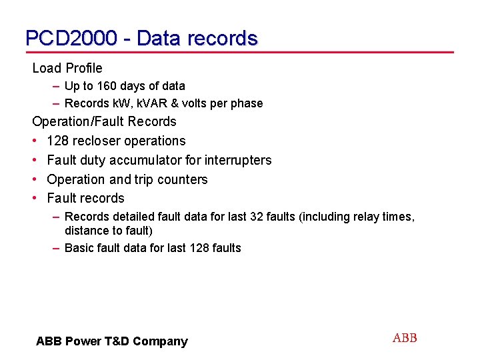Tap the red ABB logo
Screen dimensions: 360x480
[x=405, y=338]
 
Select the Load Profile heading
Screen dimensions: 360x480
[x=67, y=68]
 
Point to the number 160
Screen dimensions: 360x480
[x=107, y=86]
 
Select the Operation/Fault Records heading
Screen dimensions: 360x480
[x=105, y=121]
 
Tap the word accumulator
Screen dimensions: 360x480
[x=141, y=160]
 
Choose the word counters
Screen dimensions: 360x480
[x=183, y=179]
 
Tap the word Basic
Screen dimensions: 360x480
[x=80, y=248]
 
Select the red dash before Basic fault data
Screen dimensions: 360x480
[x=57, y=248]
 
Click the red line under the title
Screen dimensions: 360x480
[x=240, y=52]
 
